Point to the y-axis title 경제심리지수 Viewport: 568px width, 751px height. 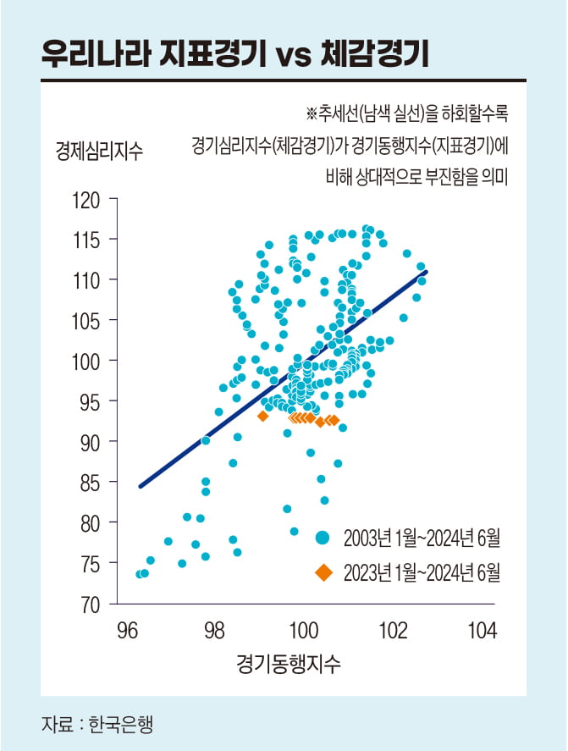tap(100, 153)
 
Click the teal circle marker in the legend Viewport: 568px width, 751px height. tap(323, 537)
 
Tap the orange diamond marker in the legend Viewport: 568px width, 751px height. tap(323, 572)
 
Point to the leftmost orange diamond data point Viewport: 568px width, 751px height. tap(262, 416)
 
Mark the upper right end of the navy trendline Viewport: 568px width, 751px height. tap(427, 272)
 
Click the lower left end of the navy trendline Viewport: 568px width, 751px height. tap(140, 487)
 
